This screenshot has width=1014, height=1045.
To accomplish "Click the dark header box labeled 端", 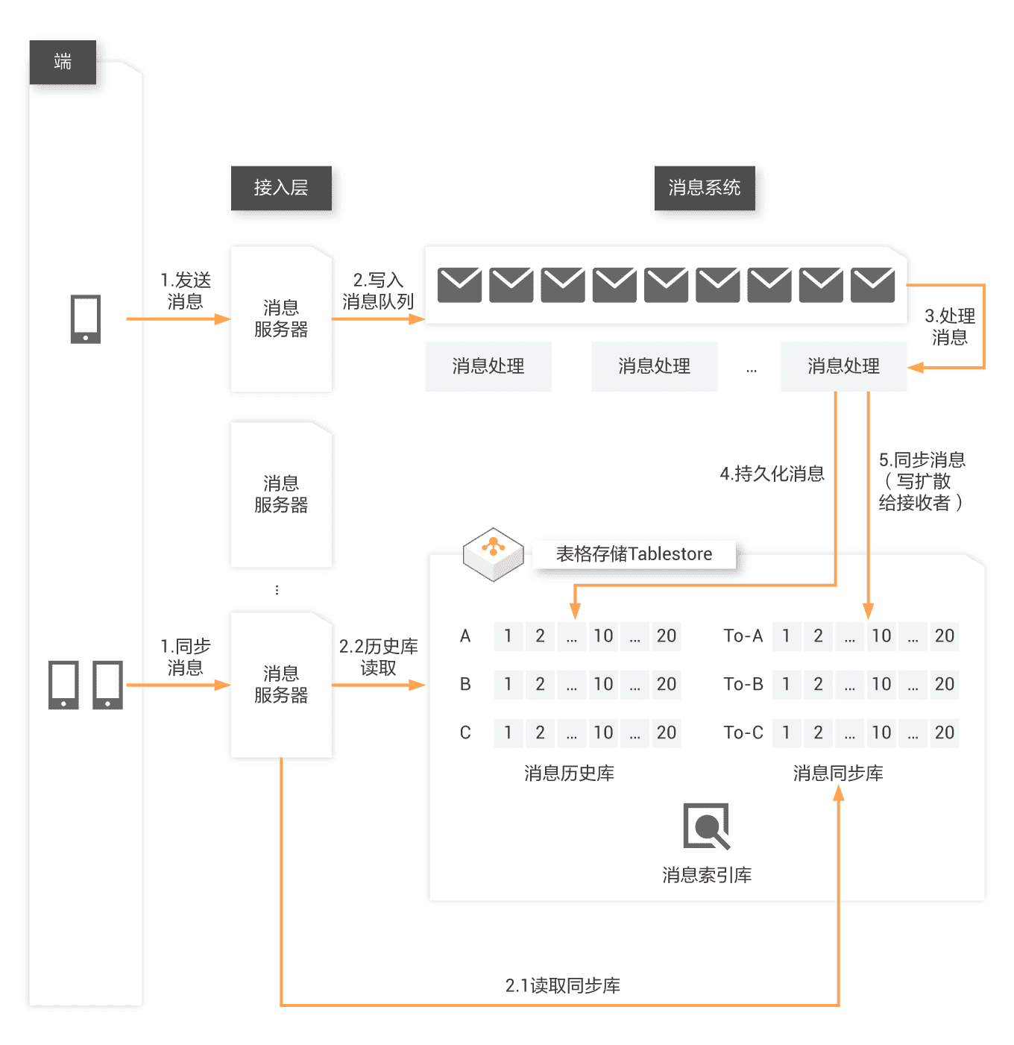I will click(x=63, y=62).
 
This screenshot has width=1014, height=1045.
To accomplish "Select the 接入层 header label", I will click(x=281, y=188).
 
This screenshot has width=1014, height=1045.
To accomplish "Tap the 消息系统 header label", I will click(x=705, y=188).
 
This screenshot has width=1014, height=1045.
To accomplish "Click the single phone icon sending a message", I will click(x=86, y=319).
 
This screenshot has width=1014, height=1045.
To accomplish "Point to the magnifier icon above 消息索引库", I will click(x=706, y=826).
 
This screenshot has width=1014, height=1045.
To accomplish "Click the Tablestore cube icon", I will click(x=493, y=554).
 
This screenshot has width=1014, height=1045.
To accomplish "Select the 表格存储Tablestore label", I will click(x=634, y=554).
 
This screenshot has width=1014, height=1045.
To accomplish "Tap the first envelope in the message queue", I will click(x=459, y=285).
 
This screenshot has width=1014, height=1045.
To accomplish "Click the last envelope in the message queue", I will click(x=873, y=285).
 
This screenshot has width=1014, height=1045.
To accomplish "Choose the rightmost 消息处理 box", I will click(x=843, y=366).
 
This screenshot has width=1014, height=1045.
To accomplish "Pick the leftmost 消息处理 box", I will click(x=488, y=366).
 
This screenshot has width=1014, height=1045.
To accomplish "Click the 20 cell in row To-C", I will click(x=944, y=732).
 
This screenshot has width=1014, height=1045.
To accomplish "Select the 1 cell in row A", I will click(x=508, y=636).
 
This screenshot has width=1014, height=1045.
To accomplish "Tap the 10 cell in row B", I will click(x=603, y=684).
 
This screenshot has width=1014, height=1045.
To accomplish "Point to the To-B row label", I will click(x=743, y=684).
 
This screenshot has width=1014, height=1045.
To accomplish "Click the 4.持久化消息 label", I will click(x=772, y=474).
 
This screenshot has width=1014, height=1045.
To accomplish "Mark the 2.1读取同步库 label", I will click(x=563, y=985).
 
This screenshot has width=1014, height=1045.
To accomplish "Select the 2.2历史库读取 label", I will click(x=378, y=657).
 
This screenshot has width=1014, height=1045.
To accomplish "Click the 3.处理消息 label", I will click(x=950, y=327).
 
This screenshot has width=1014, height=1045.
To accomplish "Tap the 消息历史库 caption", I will click(x=569, y=773).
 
